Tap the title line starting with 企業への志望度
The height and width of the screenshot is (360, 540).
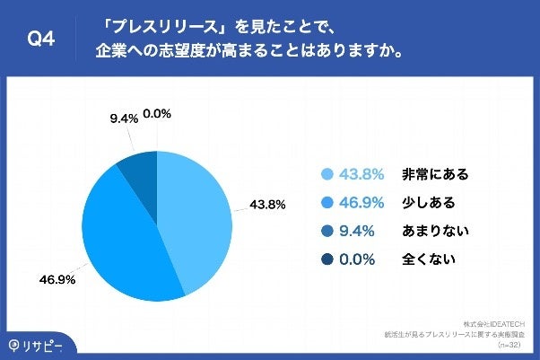point(248,51)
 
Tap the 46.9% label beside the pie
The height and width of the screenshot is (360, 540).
point(57,278)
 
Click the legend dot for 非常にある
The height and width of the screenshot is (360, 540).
point(327,174)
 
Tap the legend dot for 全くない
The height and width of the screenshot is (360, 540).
point(327,260)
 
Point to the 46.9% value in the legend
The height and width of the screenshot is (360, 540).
point(361,203)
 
